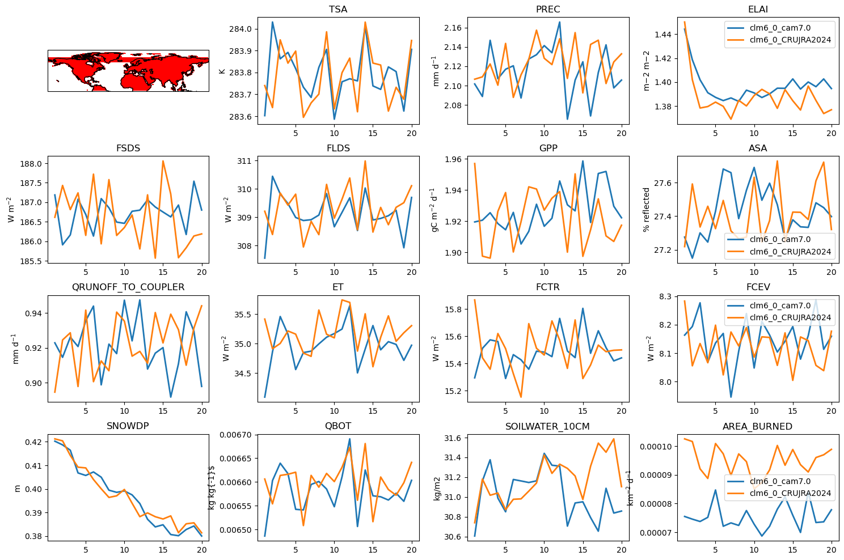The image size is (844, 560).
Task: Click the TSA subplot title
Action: click(338, 9)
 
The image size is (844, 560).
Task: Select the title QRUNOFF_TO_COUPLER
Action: click(128, 287)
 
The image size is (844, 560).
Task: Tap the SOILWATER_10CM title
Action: click(547, 426)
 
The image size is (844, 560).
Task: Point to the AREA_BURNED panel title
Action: click(757, 426)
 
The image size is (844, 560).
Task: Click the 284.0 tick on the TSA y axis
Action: click(240, 29)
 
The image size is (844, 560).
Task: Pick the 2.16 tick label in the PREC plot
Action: click(453, 28)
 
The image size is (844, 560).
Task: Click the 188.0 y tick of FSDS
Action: click(31, 164)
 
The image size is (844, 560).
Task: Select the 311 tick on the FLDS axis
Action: click(244, 161)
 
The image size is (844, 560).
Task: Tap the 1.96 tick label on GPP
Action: click(453, 159)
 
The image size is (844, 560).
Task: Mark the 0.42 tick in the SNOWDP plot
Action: click(33, 442)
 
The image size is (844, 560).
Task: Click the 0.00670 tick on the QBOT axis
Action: click(237, 435)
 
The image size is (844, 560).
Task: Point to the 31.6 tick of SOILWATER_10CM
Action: click(453, 438)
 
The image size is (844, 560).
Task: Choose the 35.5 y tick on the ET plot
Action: click(243, 315)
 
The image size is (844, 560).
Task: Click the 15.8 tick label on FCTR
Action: click(453, 309)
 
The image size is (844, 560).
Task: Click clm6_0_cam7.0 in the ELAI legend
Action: click(780, 28)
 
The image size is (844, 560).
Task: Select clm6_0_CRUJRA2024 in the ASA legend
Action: click(790, 252)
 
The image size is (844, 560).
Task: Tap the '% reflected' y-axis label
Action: click(647, 210)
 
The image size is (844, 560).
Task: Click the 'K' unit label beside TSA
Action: click(222, 71)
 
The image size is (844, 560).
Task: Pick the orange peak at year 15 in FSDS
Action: click(163, 161)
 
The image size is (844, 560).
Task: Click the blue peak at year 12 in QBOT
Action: click(349, 439)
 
